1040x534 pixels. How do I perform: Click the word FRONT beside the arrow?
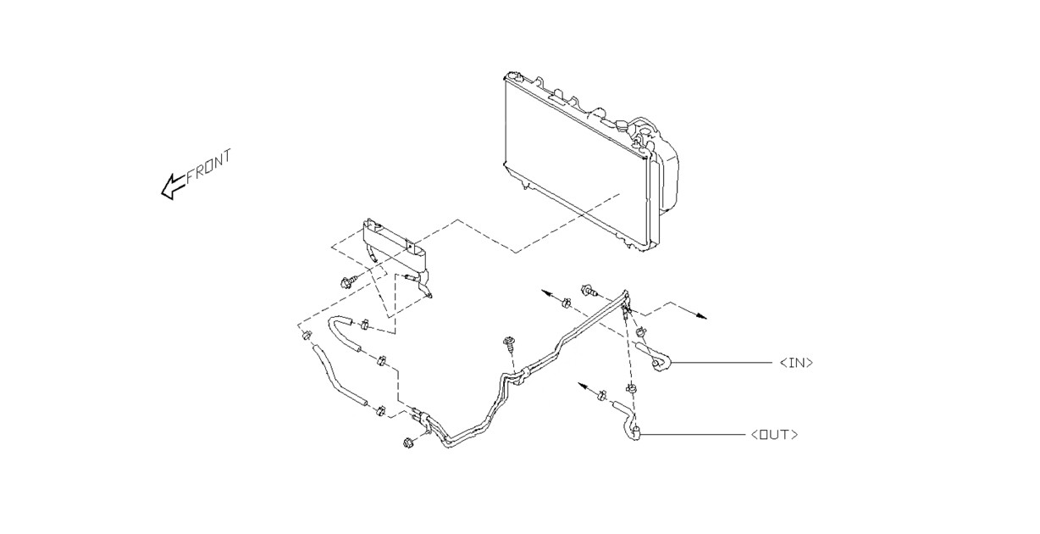tap(209, 165)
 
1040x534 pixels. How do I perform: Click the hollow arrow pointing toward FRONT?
tap(173, 186)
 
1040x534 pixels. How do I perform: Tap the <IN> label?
tap(796, 363)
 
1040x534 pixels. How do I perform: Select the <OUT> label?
tap(774, 435)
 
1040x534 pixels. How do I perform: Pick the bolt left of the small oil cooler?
tap(348, 281)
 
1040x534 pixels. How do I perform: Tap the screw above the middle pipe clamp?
tap(509, 345)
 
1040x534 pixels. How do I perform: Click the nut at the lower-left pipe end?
tap(410, 442)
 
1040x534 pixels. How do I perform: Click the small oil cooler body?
tap(394, 248)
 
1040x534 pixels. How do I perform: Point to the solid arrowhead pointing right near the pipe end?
tap(701, 316)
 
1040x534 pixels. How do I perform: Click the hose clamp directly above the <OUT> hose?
tap(632, 387)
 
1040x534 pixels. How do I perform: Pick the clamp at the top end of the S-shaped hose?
tap(306, 335)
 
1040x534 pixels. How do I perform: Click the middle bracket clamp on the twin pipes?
tap(523, 375)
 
